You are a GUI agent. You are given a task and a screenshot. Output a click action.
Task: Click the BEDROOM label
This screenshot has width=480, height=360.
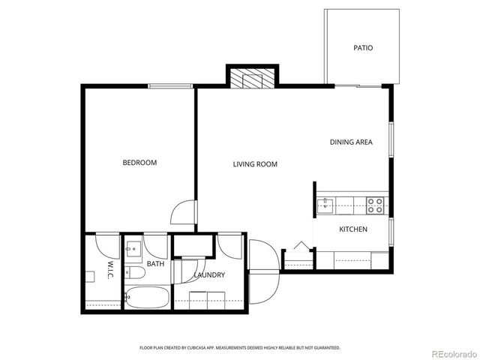(139, 163)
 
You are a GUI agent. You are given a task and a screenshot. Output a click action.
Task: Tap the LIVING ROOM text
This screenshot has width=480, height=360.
(255, 163)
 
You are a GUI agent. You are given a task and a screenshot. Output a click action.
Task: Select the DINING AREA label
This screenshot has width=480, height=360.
(351, 142)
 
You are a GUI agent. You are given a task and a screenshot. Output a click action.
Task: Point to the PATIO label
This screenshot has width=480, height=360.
(363, 48)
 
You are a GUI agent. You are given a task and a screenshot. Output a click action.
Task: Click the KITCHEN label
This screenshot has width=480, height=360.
(353, 229)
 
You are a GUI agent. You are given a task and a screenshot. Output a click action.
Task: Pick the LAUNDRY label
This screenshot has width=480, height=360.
(208, 275)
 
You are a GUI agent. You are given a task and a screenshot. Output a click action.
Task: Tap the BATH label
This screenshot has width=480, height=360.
(155, 264)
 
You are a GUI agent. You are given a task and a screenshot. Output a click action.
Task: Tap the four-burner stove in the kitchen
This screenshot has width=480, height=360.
(375, 202)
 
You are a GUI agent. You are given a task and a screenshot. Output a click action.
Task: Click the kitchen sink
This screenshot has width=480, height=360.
(326, 202)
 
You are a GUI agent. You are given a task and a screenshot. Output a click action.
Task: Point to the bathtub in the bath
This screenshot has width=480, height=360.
(147, 297)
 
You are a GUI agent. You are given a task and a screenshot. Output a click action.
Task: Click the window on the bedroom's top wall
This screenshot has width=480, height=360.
(171, 86)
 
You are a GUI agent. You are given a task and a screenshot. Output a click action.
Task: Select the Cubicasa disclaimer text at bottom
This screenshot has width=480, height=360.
(240, 348)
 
